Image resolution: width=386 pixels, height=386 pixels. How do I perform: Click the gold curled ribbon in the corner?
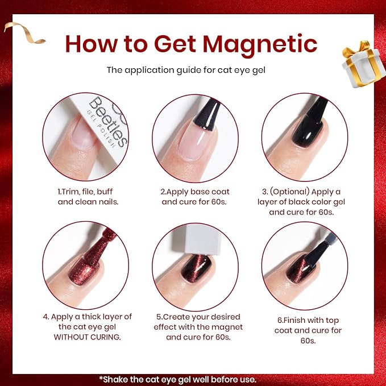click(x=24, y=32)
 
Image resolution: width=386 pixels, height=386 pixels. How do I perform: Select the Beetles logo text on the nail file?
click(x=108, y=121)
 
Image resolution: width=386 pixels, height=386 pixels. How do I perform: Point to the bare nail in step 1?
click(x=84, y=134)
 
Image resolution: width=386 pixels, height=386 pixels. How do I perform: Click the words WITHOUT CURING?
click(x=88, y=337)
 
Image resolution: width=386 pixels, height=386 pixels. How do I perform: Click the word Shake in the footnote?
click(x=115, y=379)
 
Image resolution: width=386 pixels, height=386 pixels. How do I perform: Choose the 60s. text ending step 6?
click(x=308, y=341)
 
